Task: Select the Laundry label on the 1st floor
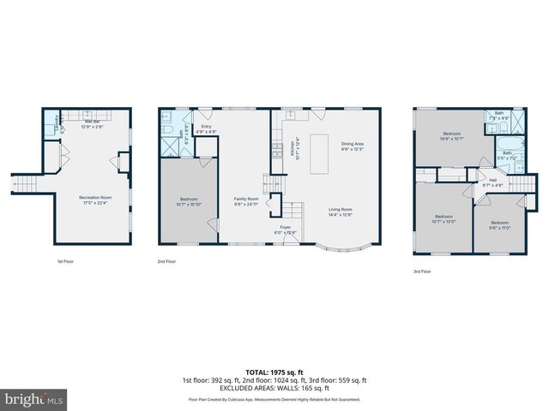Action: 57,121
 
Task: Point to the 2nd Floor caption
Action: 166,260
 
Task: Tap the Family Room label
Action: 246,201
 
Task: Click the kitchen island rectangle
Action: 321,151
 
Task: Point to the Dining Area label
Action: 353,146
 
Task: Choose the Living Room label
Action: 341,211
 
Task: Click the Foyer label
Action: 284,229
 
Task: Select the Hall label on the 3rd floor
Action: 492,182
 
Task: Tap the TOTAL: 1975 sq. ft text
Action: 274,371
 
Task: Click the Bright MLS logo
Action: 34,399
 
